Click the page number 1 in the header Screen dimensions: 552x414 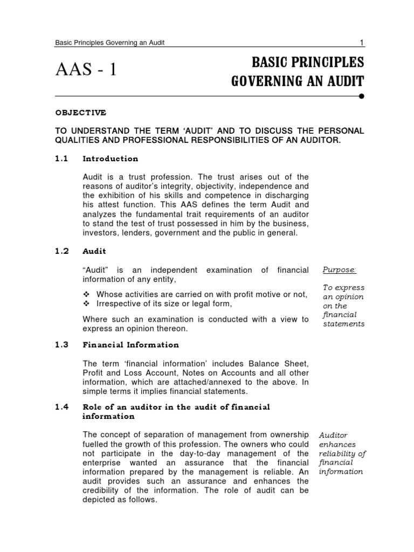[x=361, y=43]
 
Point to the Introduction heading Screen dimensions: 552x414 [x=111, y=158]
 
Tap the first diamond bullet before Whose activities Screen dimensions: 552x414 [x=86, y=294]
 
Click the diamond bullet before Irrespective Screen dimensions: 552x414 [x=86, y=303]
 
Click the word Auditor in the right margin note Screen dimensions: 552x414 [x=333, y=434]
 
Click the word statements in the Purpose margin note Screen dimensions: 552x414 [x=343, y=324]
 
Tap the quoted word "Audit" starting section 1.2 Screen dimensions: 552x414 [x=95, y=270]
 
